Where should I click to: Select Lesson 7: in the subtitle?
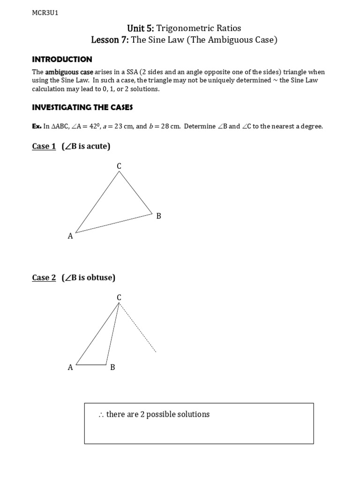click(x=110, y=40)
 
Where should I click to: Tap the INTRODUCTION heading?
click(x=62, y=59)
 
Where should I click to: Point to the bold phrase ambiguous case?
click(x=69, y=72)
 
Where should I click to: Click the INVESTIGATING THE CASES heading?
click(x=82, y=107)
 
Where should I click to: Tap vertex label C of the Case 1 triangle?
click(x=119, y=165)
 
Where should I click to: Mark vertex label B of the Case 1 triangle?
click(x=158, y=216)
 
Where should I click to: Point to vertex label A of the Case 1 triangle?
click(x=70, y=236)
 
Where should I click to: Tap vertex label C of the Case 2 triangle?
click(x=119, y=297)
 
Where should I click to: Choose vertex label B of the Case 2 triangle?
click(x=112, y=367)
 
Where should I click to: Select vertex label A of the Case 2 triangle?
click(x=70, y=367)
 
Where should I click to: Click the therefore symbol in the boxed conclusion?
click(x=101, y=415)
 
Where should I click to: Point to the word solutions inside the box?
click(x=195, y=414)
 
